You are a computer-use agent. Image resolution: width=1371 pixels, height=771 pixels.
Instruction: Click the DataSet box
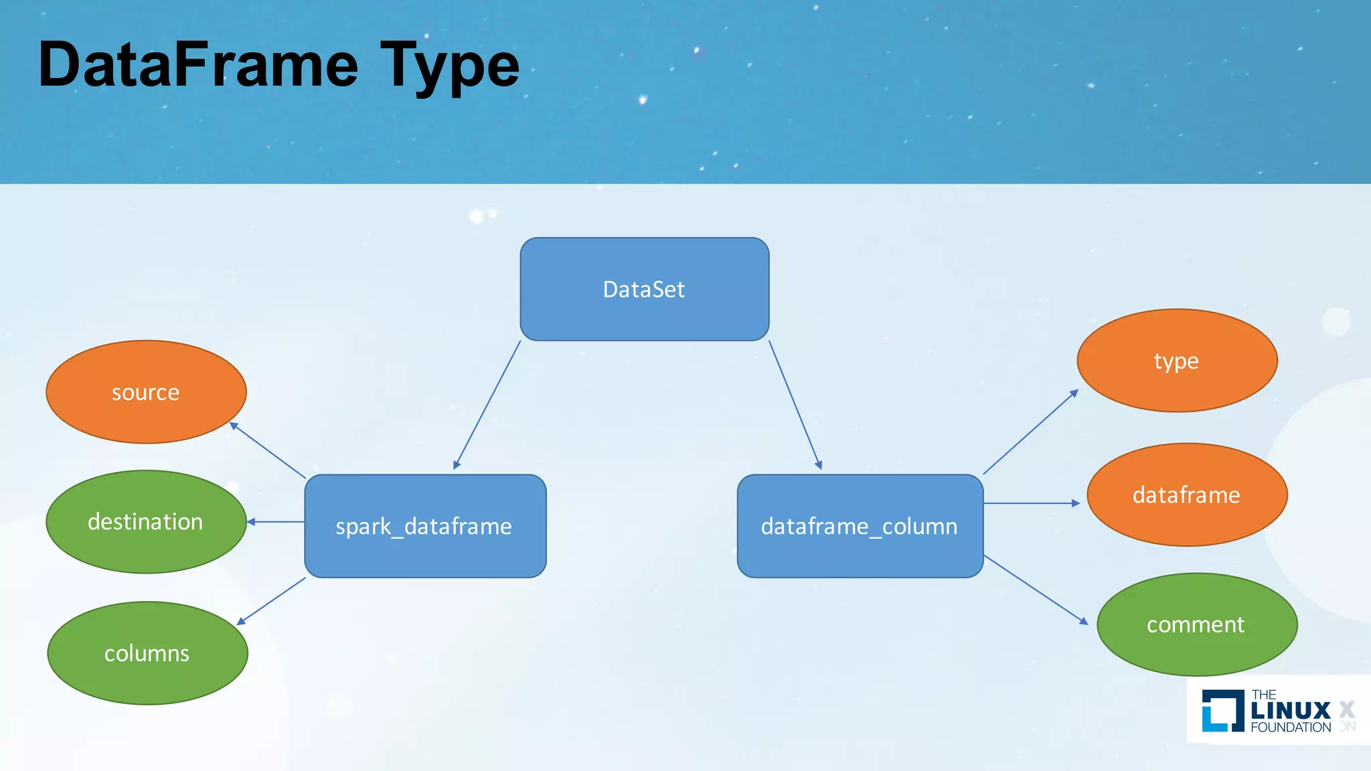pos(644,289)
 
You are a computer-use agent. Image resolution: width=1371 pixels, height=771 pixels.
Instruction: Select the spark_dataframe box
pos(425,526)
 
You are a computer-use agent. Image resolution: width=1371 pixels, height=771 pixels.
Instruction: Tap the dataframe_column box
pos(860,526)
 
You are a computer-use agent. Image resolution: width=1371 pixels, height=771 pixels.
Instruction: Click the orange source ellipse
pos(146,392)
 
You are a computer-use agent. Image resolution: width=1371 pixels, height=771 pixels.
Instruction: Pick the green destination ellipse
pos(146,521)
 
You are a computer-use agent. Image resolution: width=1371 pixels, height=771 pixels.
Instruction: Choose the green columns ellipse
pos(147,653)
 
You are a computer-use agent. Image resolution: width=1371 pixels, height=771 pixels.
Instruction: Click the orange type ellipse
pos(1177,360)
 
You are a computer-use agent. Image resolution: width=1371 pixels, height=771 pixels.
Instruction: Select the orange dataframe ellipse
pos(1186,495)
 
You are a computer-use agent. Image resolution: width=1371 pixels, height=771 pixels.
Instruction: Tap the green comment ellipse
pos(1196,624)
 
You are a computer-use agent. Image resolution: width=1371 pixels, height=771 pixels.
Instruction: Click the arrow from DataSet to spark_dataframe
pos(487,405)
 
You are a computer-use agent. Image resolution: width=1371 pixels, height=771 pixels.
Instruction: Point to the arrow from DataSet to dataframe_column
pos(795,405)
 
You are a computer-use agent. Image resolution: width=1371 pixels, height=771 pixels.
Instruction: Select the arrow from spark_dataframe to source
pos(268,450)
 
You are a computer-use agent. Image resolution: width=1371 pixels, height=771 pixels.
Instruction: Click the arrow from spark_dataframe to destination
pos(276,522)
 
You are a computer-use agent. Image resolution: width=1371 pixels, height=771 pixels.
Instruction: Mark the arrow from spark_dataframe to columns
pos(271,601)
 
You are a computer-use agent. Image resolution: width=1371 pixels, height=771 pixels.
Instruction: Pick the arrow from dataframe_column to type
pos(1031,432)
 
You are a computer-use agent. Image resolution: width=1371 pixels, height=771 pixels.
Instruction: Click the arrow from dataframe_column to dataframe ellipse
pos(1031,503)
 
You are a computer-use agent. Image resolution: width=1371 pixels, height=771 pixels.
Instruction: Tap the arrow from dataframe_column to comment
pos(1036,590)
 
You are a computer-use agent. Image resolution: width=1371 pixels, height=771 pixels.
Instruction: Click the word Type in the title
pos(449,66)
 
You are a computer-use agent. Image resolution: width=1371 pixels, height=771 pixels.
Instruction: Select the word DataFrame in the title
pos(198,66)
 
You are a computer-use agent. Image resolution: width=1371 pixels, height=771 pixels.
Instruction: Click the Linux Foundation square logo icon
pos(1222,710)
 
